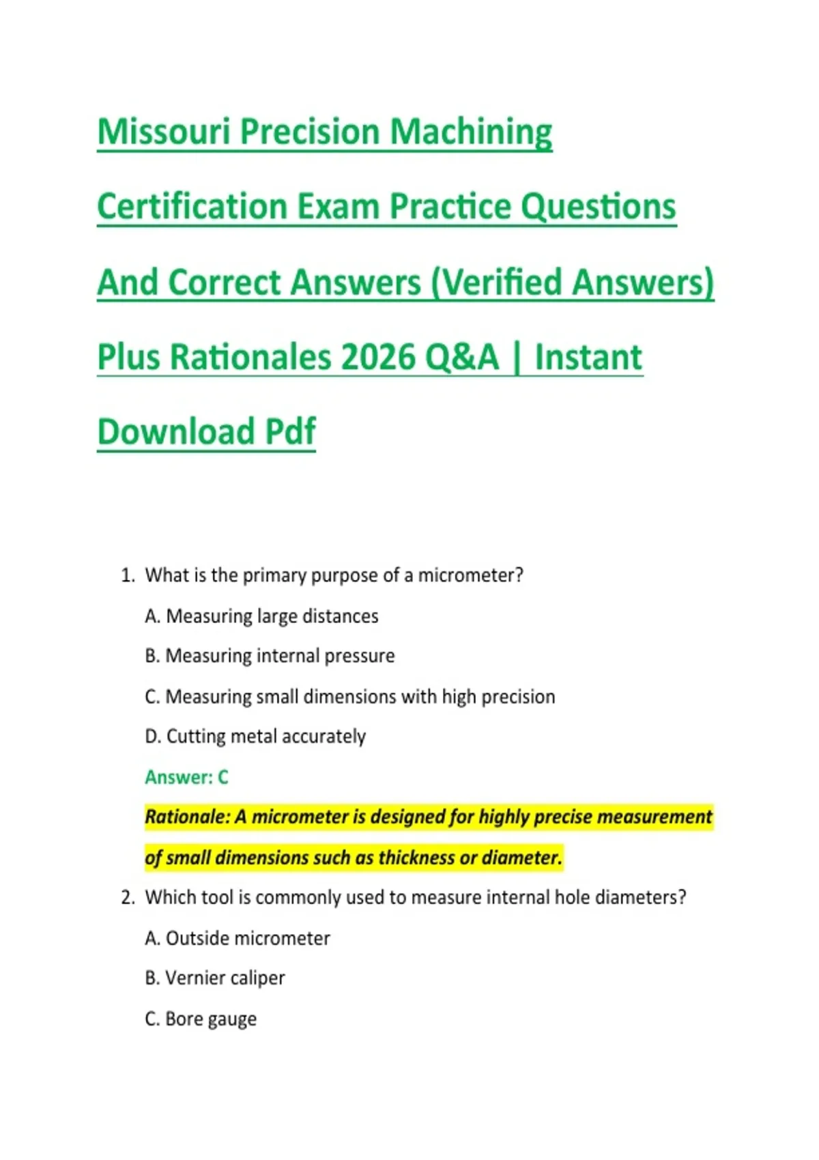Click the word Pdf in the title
290,431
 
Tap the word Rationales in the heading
250,357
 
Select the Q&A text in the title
462,358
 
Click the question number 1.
128,575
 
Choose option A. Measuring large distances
261,616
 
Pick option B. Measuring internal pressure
270,656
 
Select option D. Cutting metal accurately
255,736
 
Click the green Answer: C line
186,777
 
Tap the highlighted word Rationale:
187,817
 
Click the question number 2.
128,897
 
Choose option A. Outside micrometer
238,938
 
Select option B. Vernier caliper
215,978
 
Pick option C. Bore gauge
201,1019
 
